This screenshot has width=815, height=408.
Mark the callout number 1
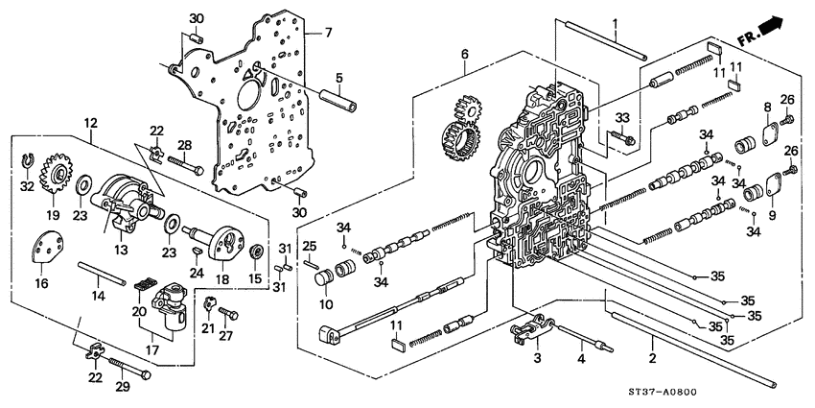(x=617, y=23)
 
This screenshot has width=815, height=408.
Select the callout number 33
(x=621, y=118)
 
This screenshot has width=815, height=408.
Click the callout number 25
(x=310, y=246)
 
